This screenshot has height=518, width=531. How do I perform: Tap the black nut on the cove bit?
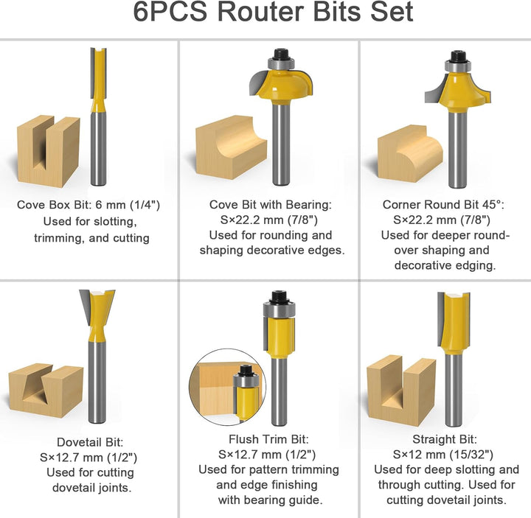point(281,54)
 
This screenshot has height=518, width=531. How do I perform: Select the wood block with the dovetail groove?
point(46,390)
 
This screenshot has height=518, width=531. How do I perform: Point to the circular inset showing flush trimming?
point(228,387)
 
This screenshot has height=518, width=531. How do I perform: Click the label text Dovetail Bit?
point(90,442)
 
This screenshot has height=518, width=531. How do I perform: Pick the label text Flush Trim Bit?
point(268,439)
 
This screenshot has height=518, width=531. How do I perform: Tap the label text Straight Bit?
point(445,439)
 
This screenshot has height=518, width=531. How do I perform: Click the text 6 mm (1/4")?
point(128,205)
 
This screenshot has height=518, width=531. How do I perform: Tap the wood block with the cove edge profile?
point(232,147)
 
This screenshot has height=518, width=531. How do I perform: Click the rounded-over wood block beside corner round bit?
point(410,153)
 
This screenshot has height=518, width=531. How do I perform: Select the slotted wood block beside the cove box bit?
point(49,151)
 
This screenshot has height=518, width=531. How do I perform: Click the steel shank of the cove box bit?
point(99,149)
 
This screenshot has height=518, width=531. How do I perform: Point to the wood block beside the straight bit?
point(401,390)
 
